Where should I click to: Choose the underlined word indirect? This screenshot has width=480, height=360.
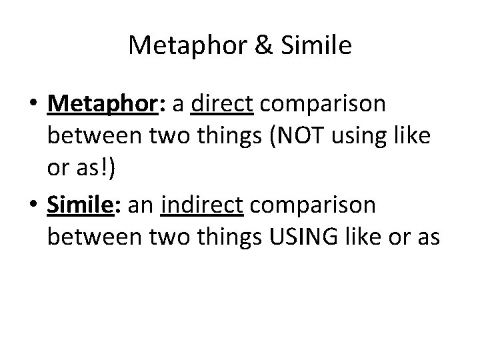[211, 205]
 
